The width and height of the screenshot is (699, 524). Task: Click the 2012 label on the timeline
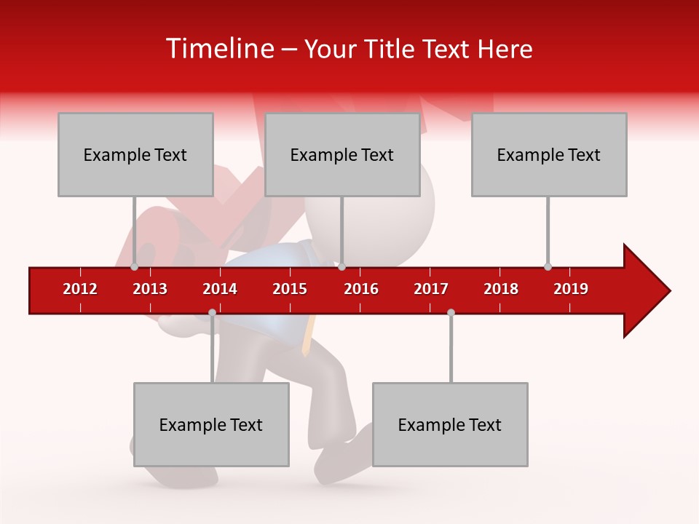pos(80,289)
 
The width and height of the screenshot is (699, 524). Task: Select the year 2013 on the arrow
pos(150,289)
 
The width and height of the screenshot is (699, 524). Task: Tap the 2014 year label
pos(220,289)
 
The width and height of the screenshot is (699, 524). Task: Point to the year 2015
pos(290,289)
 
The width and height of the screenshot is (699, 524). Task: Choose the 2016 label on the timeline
pos(361,289)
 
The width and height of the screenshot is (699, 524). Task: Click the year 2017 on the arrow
pos(431,289)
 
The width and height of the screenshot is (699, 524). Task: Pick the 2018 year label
pos(501,289)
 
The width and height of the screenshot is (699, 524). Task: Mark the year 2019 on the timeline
pos(571,289)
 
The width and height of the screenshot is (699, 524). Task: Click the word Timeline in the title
pos(218,49)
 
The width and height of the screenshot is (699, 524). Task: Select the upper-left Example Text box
pos(135,154)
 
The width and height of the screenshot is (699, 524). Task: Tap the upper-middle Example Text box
pos(342,154)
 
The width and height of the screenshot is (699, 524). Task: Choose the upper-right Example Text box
pos(549,154)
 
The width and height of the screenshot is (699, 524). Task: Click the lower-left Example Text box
pos(211,424)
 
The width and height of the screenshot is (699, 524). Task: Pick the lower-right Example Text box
pos(450,424)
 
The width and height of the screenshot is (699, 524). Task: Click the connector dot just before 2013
pos(134,266)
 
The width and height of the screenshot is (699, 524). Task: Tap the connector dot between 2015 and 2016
pos(341,266)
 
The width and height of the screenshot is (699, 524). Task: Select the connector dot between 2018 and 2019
pos(548,266)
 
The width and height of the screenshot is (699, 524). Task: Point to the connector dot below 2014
pos(212,312)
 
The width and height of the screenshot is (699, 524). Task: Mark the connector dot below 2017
pos(451,312)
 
